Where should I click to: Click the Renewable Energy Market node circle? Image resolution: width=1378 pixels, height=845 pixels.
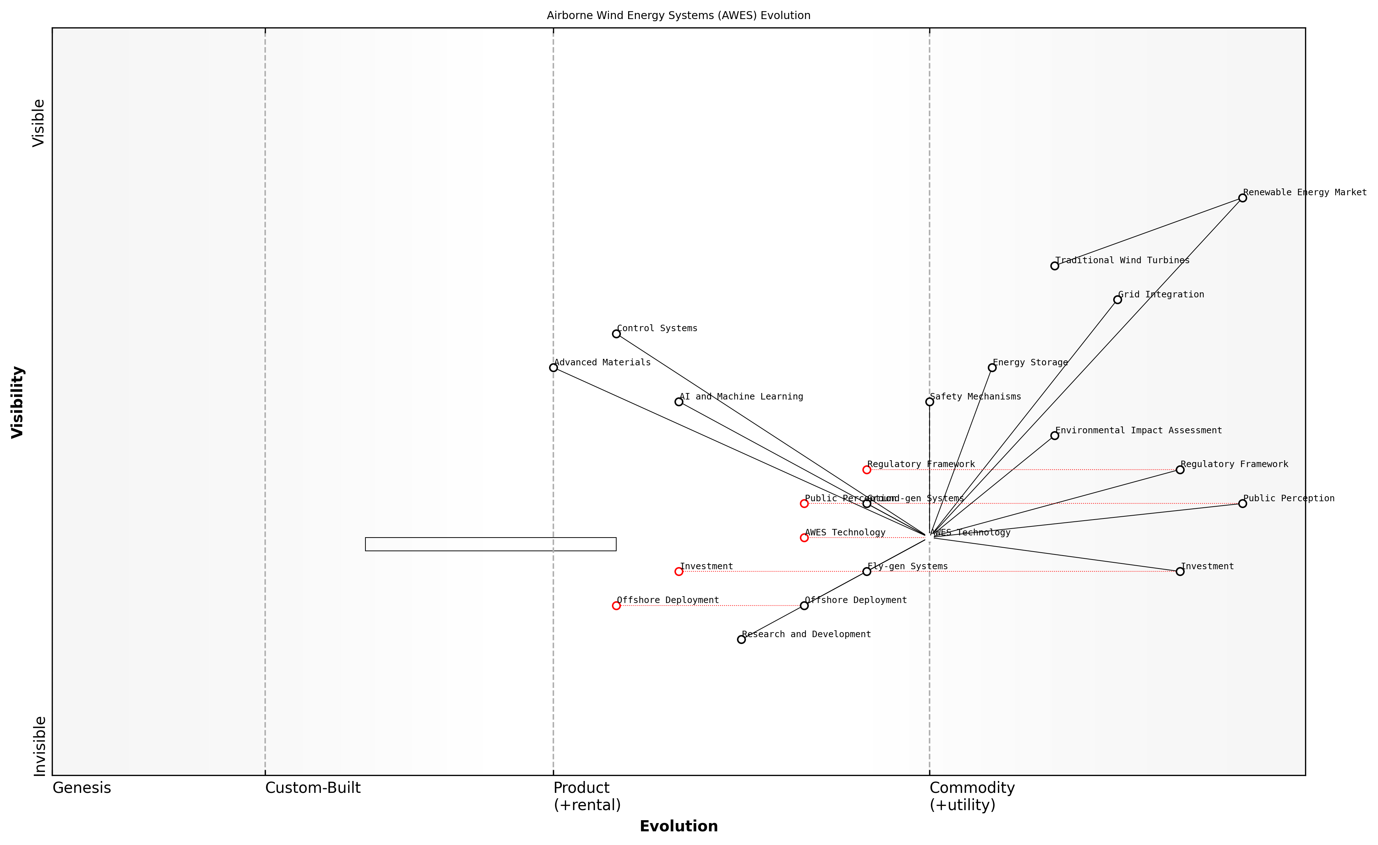pos(1242,198)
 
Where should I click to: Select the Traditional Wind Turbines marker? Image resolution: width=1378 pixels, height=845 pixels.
pos(1054,266)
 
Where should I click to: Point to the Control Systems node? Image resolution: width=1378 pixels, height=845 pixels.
pos(616,334)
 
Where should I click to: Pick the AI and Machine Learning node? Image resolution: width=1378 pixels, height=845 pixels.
pos(678,402)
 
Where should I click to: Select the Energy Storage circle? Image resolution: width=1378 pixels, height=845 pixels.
pos(992,367)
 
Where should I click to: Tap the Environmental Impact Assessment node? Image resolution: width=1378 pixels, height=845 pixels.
pos(1054,436)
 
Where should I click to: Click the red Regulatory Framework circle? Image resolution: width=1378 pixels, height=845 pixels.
pos(866,470)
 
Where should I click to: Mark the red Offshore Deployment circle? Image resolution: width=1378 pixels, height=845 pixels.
pos(616,606)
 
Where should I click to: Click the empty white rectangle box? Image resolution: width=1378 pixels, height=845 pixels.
pos(490,544)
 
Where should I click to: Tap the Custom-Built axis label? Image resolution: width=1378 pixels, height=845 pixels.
pos(313,788)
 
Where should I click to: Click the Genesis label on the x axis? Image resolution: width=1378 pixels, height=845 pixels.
pos(82,788)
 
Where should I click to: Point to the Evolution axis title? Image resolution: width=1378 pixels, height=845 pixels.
pos(678,827)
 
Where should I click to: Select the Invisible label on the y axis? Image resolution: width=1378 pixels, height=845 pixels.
pos(39,746)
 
